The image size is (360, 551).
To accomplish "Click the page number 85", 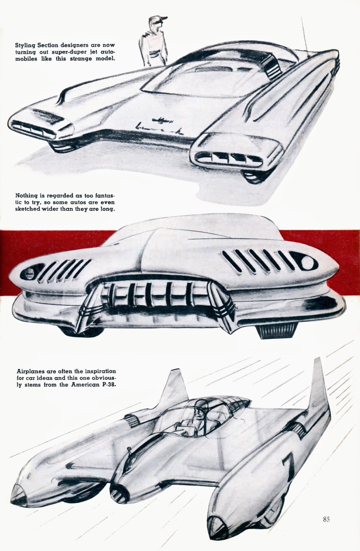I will [x=326, y=519].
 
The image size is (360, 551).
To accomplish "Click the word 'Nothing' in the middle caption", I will [x=26, y=195].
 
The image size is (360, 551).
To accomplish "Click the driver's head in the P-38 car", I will [x=200, y=408].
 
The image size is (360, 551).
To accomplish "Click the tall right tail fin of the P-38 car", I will [x=318, y=387].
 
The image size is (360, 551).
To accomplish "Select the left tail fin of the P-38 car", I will [x=174, y=387].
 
